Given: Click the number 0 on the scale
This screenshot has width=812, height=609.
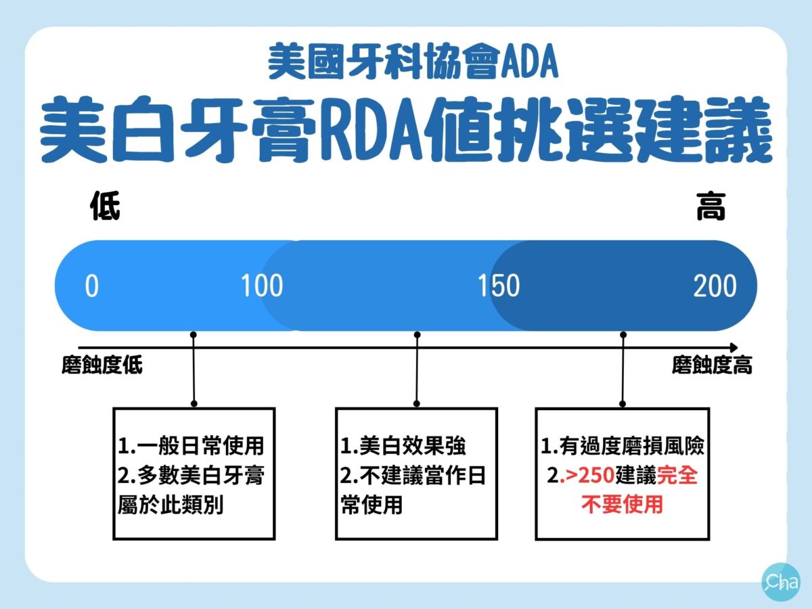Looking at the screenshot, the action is tap(92, 286).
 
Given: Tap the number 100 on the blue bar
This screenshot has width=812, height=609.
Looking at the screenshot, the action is tap(262, 286).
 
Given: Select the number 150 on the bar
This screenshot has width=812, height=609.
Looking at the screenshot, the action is tap(499, 286).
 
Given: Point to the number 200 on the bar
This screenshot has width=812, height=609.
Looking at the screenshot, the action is tap(715, 286).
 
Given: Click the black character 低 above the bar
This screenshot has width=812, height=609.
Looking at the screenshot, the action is tap(105, 206).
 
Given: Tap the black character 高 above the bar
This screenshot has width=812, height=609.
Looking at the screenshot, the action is tap(710, 206).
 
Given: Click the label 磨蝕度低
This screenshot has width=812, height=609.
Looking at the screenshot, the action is tap(102, 365).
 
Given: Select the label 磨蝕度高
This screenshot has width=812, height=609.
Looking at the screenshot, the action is tap(712, 365).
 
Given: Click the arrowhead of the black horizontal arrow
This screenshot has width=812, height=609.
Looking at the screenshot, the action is tap(734, 348).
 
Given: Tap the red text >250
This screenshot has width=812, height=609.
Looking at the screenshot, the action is tap(587, 476).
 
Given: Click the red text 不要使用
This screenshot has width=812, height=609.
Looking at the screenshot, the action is tap(622, 505).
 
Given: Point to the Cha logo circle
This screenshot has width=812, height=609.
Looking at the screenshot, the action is tap(781, 582).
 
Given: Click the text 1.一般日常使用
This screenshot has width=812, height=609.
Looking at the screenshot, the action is tap(191, 446).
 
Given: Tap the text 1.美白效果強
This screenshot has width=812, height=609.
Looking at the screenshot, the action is tap(403, 446).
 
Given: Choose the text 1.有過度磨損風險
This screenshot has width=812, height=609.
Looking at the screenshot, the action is tap(623, 446).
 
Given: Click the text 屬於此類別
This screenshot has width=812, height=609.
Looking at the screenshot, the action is tap(171, 505).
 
